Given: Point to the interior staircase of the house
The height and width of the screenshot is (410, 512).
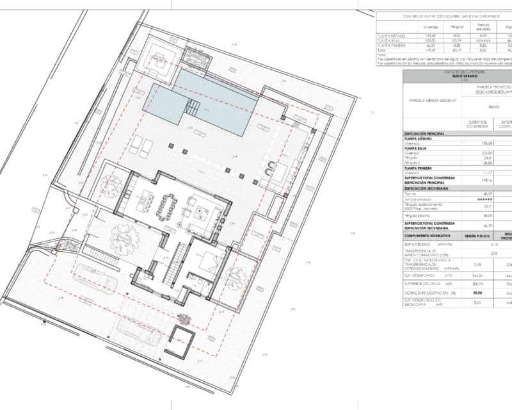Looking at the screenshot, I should tap(175, 266).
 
